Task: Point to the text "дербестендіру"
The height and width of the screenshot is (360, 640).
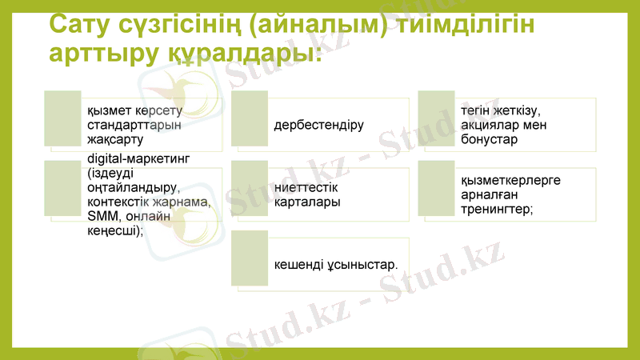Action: [x=318, y=126]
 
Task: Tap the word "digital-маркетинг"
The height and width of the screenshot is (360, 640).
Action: [x=138, y=158]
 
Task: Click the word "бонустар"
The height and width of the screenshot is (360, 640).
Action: [x=490, y=139]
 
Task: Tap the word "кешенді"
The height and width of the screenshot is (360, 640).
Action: [x=297, y=264]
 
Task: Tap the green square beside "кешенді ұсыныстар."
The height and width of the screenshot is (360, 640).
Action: [x=250, y=258]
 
